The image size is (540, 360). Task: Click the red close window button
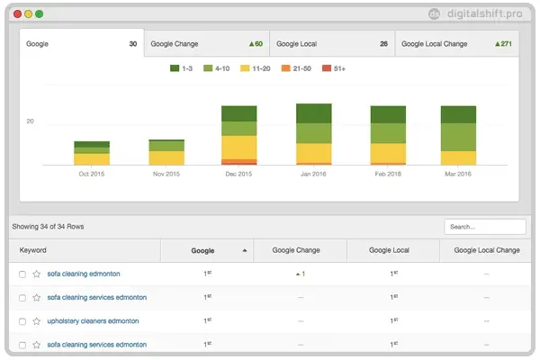[16, 14]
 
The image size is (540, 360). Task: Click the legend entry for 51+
[334, 68]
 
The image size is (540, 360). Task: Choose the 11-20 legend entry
[256, 68]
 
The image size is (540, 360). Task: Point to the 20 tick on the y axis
[30, 121]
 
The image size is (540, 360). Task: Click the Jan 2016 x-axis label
[313, 174]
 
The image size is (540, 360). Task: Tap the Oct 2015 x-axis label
[92, 174]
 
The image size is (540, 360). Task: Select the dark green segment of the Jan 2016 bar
[314, 113]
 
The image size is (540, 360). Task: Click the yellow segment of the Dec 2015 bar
[239, 147]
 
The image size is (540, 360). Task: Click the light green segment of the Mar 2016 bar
[458, 137]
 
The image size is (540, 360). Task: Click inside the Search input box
[484, 227]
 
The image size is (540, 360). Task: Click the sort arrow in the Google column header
[244, 251]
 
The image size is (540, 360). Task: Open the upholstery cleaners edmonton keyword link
[93, 320]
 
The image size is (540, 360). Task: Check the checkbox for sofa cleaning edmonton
[22, 274]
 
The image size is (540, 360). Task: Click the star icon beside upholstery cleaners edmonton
[37, 320]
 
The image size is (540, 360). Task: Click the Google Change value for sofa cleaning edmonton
[301, 274]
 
